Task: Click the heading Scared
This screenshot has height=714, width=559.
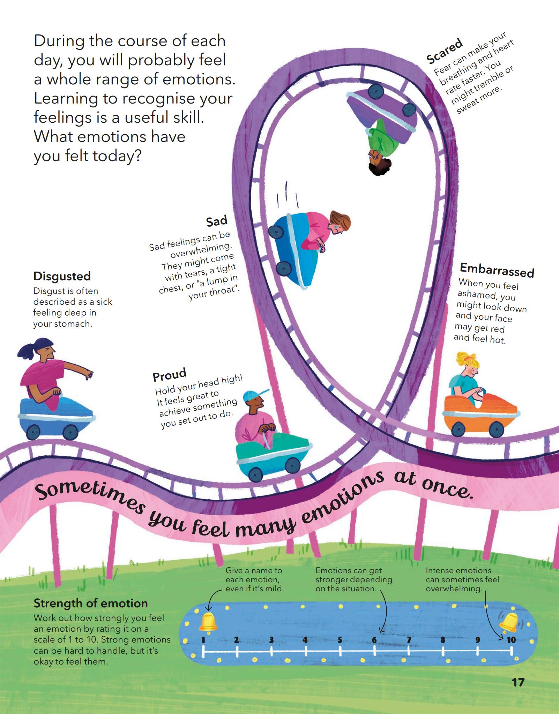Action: click(x=445, y=52)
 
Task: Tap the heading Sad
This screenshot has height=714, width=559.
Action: click(x=217, y=221)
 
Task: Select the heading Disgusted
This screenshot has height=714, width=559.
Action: click(x=62, y=276)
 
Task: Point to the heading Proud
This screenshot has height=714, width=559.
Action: click(x=170, y=374)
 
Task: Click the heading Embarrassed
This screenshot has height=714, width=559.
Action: click(x=497, y=270)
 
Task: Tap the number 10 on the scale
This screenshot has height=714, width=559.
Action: click(x=511, y=640)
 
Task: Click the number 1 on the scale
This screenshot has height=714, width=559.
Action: click(x=203, y=640)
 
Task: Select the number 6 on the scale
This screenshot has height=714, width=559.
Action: click(x=374, y=640)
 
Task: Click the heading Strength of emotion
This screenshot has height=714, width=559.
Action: click(x=91, y=603)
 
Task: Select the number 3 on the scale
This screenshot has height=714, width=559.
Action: click(x=271, y=640)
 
